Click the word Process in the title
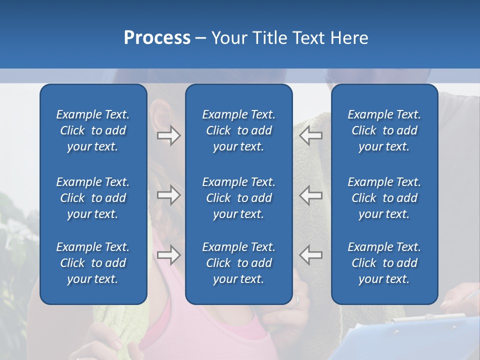[x=157, y=38]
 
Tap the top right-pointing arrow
[x=169, y=135]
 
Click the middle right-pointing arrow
[x=169, y=195]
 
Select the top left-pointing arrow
[x=311, y=135]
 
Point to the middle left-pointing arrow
[x=311, y=195]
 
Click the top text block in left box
[x=93, y=130]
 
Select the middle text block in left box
[x=93, y=198]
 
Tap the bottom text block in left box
[x=93, y=263]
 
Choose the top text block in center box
[x=238, y=130]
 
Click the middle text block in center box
[x=238, y=198]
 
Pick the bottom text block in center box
[x=238, y=263]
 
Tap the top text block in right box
[x=384, y=130]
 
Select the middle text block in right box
[x=384, y=198]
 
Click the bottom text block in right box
[x=384, y=263]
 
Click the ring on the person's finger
[x=297, y=300]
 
